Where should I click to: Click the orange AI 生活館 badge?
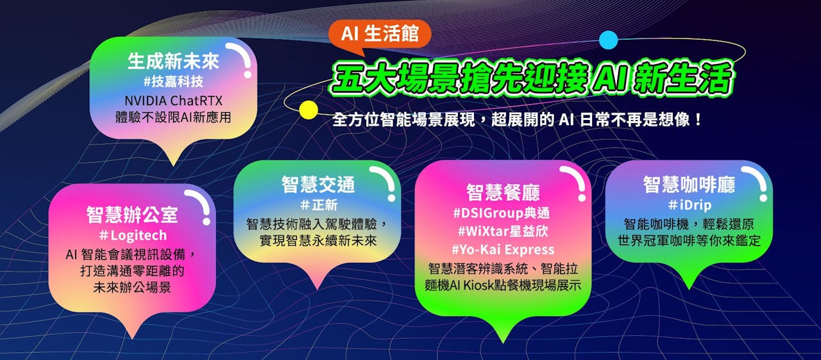[x=380, y=35]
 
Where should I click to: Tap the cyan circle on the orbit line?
[x=609, y=40]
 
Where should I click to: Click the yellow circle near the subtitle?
[x=309, y=110]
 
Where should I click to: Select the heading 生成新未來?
[x=173, y=61]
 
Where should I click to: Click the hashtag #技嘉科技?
[x=173, y=81]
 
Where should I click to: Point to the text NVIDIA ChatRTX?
[x=173, y=101]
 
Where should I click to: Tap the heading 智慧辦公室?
[x=132, y=214]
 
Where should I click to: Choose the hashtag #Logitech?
[x=133, y=235]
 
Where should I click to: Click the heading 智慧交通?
[x=318, y=184]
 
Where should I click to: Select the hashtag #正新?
[x=319, y=205]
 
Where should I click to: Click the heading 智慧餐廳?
[x=503, y=193]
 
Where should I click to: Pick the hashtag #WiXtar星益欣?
[x=503, y=231]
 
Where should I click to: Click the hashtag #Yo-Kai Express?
[x=503, y=249]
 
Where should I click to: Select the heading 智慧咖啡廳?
[x=689, y=184]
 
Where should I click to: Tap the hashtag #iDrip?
[x=690, y=205]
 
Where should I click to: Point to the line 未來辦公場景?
[x=132, y=287]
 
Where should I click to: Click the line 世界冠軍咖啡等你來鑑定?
[x=689, y=241]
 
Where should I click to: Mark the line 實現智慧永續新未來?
[x=318, y=241]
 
